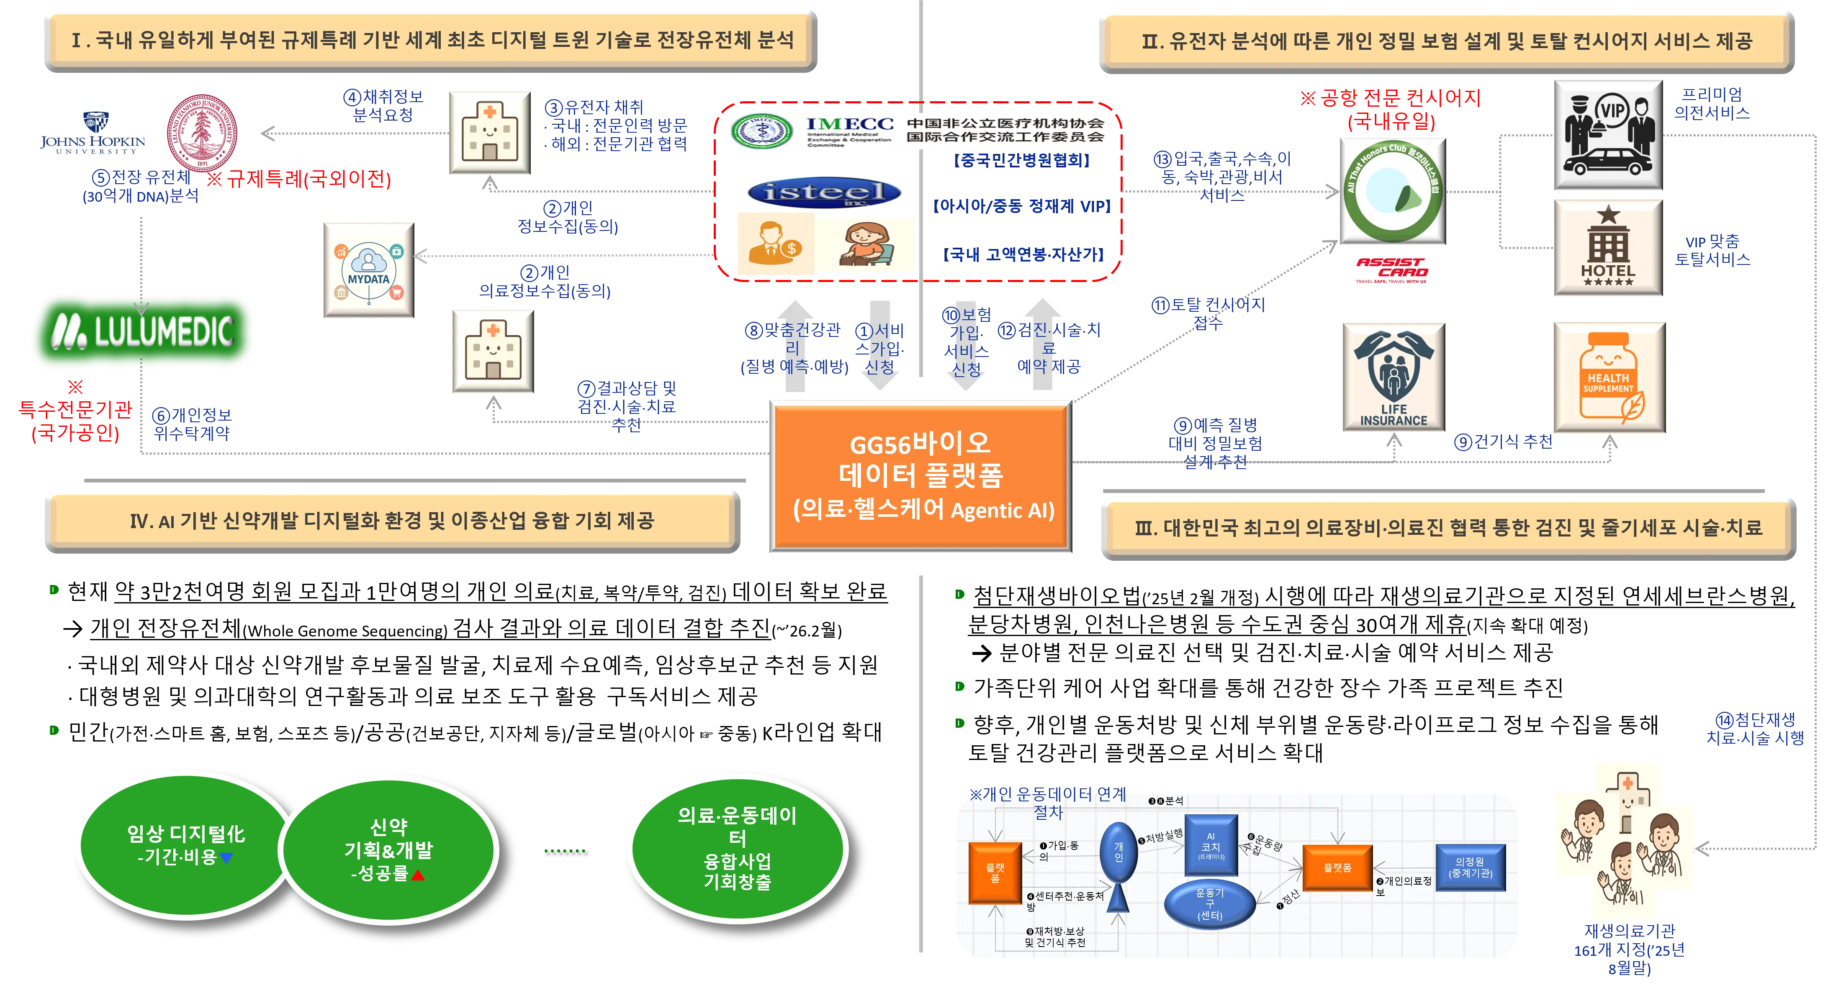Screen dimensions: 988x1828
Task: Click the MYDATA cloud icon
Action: [368, 270]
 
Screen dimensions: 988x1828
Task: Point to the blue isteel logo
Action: [825, 192]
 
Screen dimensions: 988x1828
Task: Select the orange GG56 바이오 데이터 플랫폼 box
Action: [920, 476]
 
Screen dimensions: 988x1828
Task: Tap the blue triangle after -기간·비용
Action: [226, 858]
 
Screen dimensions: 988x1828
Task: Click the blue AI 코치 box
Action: [1211, 849]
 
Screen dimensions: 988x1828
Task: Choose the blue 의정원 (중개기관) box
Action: [1471, 867]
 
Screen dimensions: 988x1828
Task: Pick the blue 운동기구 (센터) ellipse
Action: [1210, 903]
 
